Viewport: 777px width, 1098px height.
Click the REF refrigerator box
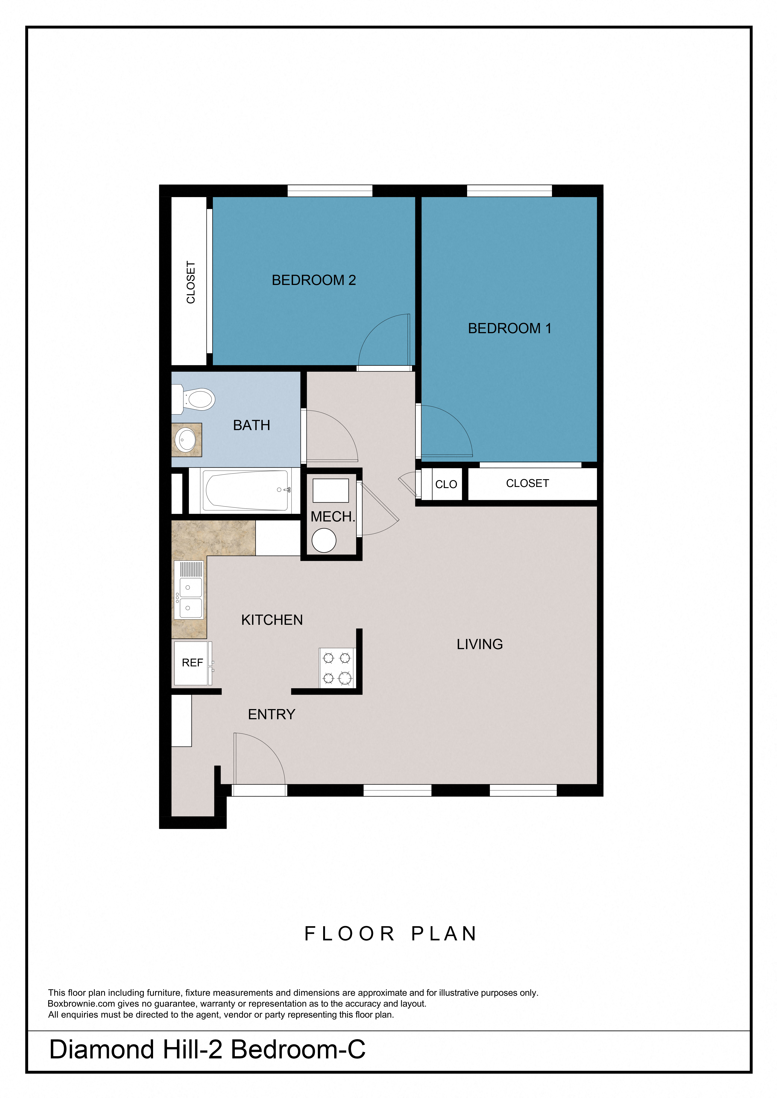coord(192,663)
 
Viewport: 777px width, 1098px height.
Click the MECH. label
coord(333,517)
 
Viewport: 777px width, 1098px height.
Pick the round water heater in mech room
coord(324,540)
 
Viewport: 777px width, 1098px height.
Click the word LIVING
coord(480,645)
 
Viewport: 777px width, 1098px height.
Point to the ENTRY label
coord(272,714)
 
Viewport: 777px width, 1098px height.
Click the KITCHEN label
coord(272,620)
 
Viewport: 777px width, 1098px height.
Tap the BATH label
coord(251,426)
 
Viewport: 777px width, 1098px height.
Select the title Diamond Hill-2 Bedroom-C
coord(207,1050)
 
